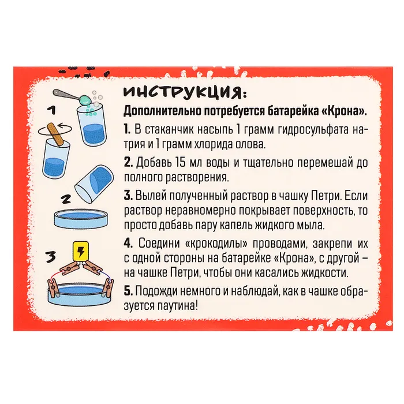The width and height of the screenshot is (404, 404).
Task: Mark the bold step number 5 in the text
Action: coord(128,291)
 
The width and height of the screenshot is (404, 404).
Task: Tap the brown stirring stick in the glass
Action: coord(54,134)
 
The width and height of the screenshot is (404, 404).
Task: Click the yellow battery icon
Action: coord(81,252)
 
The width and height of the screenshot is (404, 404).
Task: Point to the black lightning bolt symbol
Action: coord(81,251)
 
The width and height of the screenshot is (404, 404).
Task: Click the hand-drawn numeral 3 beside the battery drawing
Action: coord(52,256)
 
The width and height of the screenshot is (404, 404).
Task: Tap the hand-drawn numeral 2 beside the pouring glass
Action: coord(66,199)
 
